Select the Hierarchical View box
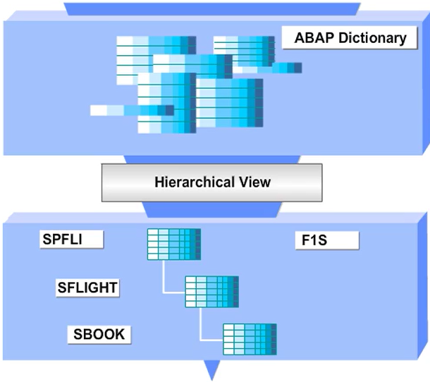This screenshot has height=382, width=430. pyautogui.click(x=211, y=182)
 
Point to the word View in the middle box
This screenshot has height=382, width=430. pyautogui.click(x=255, y=182)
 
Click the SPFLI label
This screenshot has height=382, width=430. pyautogui.click(x=71, y=239)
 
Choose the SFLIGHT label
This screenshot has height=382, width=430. pyautogui.click(x=88, y=287)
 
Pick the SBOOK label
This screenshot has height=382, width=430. pyautogui.click(x=99, y=333)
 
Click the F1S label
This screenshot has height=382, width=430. pyautogui.click(x=326, y=240)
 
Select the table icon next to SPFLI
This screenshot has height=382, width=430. pyautogui.click(x=173, y=244)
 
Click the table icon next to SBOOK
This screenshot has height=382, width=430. pyautogui.click(x=250, y=339)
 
